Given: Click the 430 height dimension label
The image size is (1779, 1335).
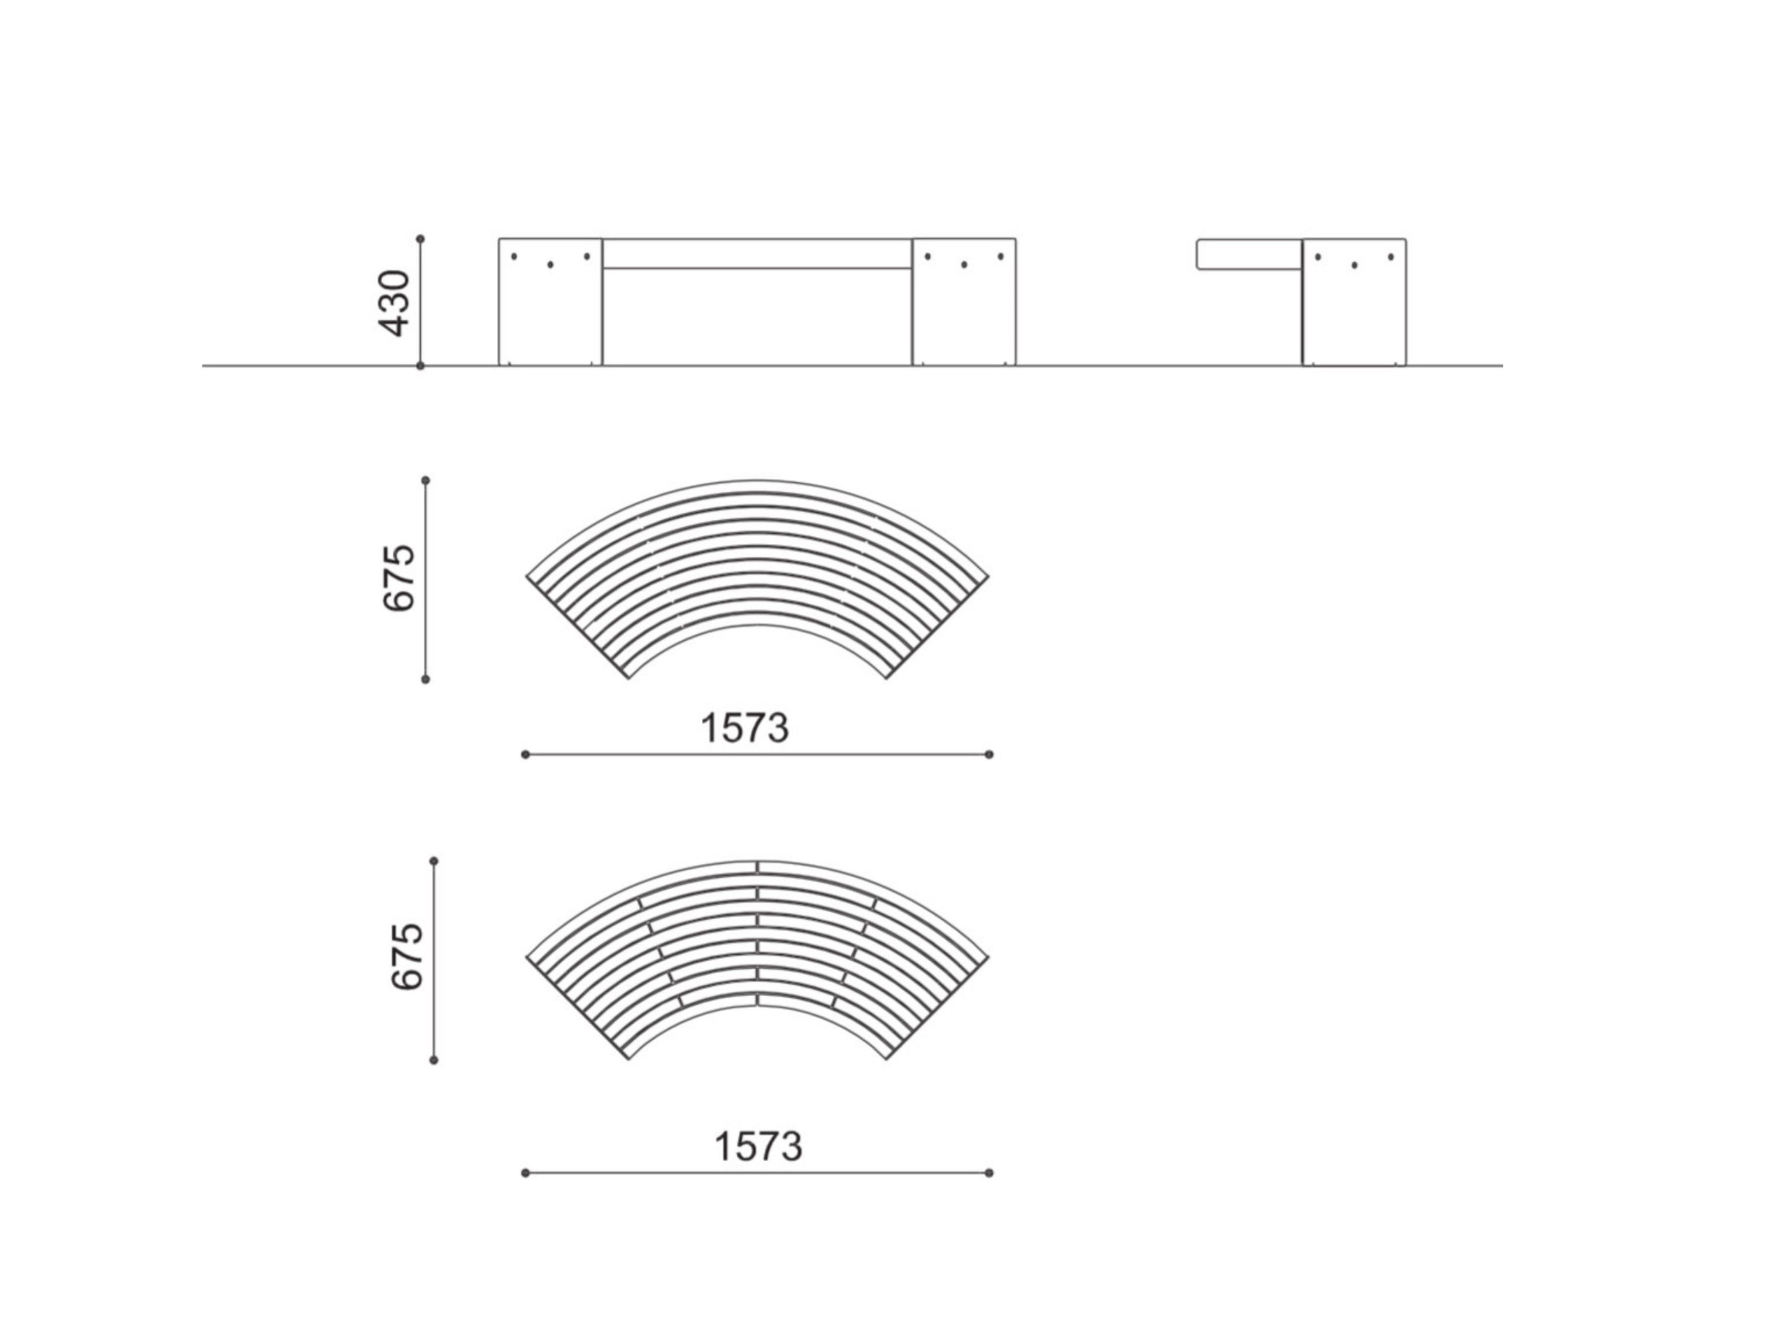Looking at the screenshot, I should point(394,302).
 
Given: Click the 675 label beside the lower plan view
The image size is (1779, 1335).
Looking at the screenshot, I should point(407,956).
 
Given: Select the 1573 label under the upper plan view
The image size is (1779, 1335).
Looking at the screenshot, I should point(745,729).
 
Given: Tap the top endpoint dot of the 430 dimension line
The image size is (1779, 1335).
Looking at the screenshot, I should point(420,239).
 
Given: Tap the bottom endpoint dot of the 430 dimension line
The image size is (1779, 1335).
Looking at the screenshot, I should point(420,366).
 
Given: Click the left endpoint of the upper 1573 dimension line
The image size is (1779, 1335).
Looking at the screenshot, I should point(525,754).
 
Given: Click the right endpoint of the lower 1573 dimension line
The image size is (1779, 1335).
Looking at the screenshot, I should point(989,1173).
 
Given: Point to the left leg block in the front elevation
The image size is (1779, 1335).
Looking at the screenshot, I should point(550,314).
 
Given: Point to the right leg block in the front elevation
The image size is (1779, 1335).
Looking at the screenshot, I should point(963,314).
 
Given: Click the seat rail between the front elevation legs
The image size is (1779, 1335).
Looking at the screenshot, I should point(757,253).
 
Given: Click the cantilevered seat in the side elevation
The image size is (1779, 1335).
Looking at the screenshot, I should point(1249,254).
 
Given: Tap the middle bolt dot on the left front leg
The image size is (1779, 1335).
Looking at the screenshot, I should point(550,265).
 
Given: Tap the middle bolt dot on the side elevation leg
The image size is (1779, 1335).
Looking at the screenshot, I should point(1355,265).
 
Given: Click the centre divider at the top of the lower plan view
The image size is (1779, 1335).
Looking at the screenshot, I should point(757,867).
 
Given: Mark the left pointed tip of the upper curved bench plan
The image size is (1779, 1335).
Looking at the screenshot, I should point(527,577).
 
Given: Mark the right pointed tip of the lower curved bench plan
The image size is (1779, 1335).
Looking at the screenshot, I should point(988,957).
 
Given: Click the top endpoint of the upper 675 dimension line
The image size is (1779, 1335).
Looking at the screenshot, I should point(426,480).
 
